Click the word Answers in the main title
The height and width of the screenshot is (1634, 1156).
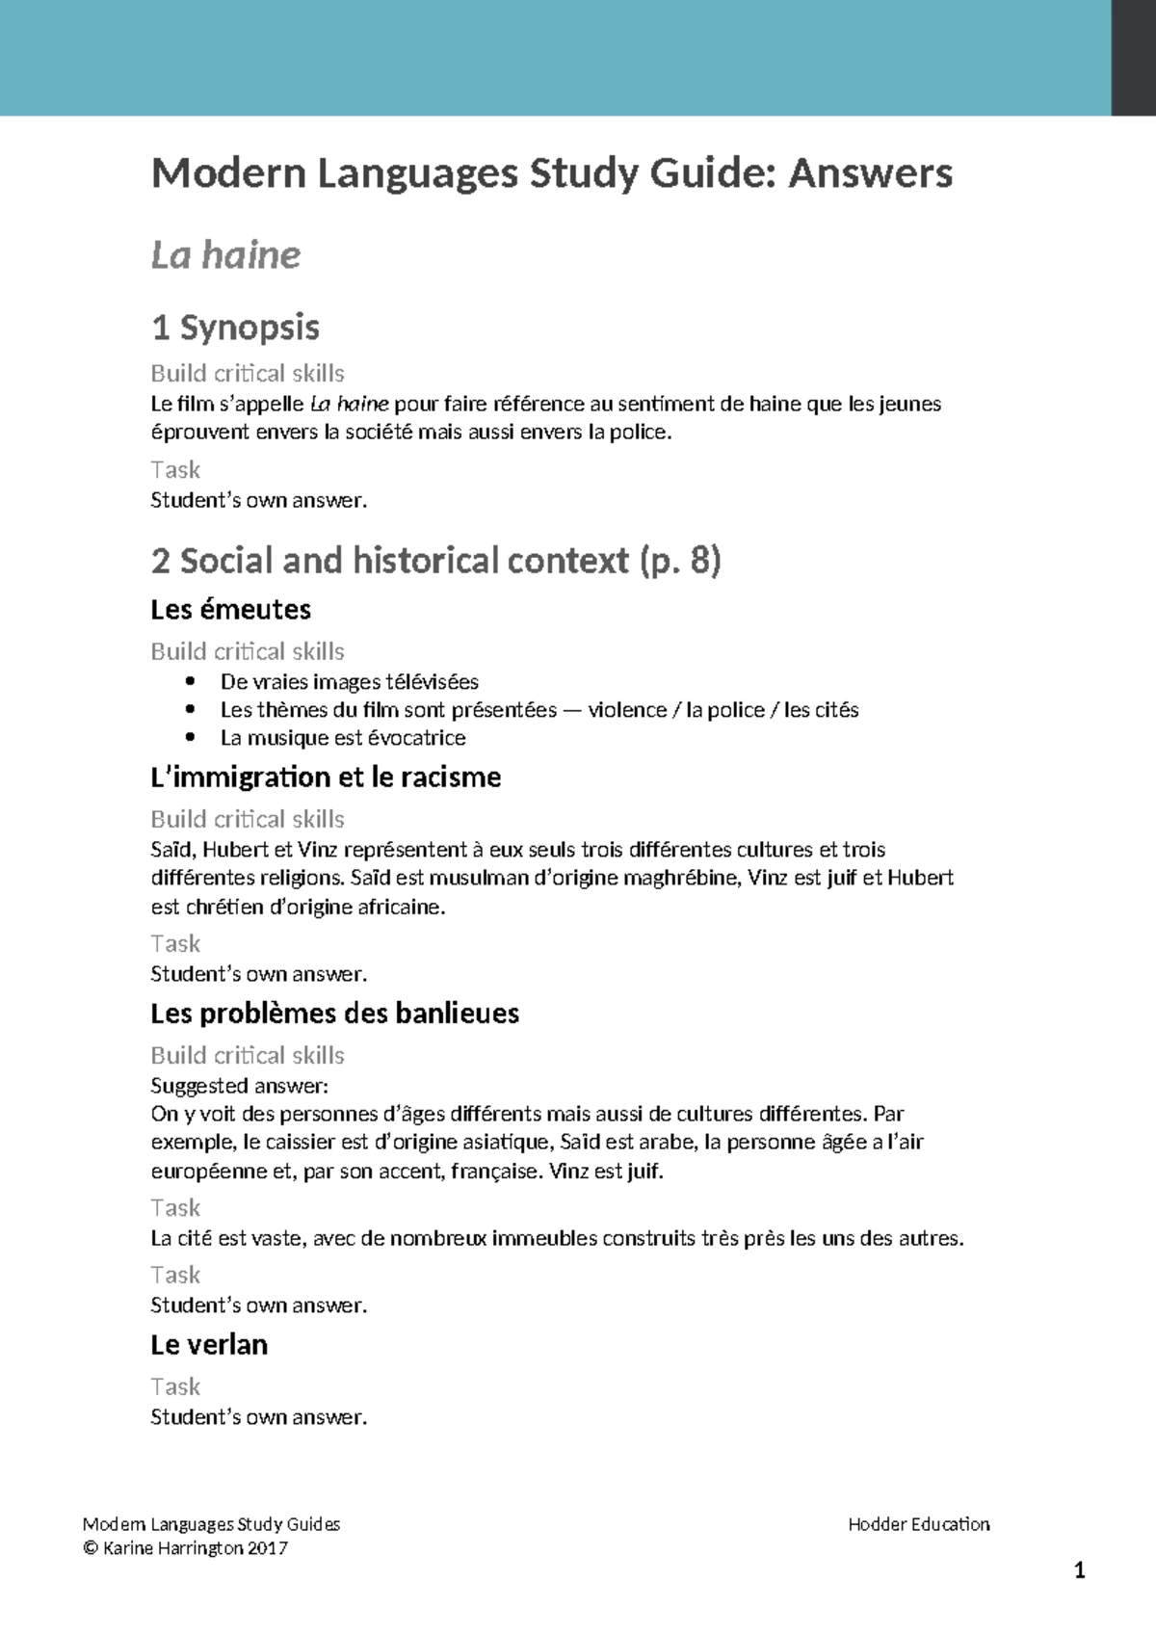(x=870, y=173)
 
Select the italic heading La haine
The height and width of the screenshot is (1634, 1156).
(x=225, y=255)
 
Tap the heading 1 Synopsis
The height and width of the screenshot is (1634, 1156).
(x=235, y=328)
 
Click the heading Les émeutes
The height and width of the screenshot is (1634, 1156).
(x=230, y=609)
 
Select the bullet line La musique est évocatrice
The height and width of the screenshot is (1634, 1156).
(x=342, y=738)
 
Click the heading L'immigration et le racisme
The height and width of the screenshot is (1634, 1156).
(x=326, y=777)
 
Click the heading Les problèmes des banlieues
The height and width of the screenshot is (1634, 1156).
(x=334, y=1013)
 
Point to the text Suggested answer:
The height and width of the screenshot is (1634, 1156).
(x=239, y=1086)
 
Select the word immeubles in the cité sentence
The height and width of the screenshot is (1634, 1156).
(x=544, y=1238)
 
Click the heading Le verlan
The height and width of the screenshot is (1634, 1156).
(x=209, y=1344)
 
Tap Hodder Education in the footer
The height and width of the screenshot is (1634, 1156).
(x=918, y=1524)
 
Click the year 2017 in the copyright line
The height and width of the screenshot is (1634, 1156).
(x=267, y=1548)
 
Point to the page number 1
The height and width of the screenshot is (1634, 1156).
(x=1079, y=1571)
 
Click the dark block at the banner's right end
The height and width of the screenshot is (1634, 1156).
(x=1134, y=58)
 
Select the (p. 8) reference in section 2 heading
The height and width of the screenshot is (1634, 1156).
(x=679, y=561)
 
